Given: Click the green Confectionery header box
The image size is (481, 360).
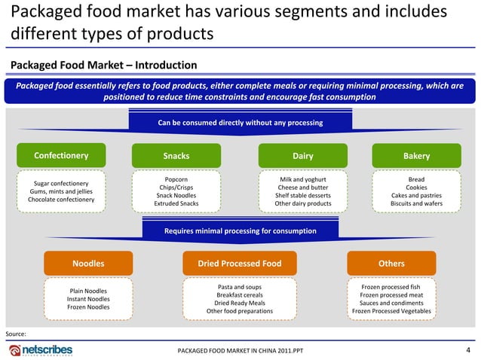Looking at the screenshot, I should click(62, 156).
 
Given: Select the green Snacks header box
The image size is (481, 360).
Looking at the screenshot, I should click(176, 156).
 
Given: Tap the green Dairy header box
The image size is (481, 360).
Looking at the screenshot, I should click(302, 156).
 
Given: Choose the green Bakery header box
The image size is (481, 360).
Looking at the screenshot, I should click(416, 156).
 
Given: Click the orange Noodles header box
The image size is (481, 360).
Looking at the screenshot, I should click(88, 264).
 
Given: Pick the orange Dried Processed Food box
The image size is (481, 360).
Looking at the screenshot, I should click(240, 264).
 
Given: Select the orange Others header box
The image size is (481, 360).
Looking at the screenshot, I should click(391, 264).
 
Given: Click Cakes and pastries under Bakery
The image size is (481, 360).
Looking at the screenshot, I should click(416, 196).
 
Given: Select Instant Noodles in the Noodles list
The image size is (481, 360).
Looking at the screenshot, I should click(88, 299).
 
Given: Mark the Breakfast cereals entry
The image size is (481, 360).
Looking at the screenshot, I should click(239, 295).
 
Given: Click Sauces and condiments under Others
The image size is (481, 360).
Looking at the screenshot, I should click(391, 304).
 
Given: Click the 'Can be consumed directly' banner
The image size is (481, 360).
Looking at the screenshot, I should click(240, 123).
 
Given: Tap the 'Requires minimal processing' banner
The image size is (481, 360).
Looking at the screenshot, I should click(240, 230).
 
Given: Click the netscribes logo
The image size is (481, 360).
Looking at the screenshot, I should click(41, 350).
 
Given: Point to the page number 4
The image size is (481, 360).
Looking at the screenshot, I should click(469, 349).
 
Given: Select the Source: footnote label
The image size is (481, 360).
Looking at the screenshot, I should click(16, 333).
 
